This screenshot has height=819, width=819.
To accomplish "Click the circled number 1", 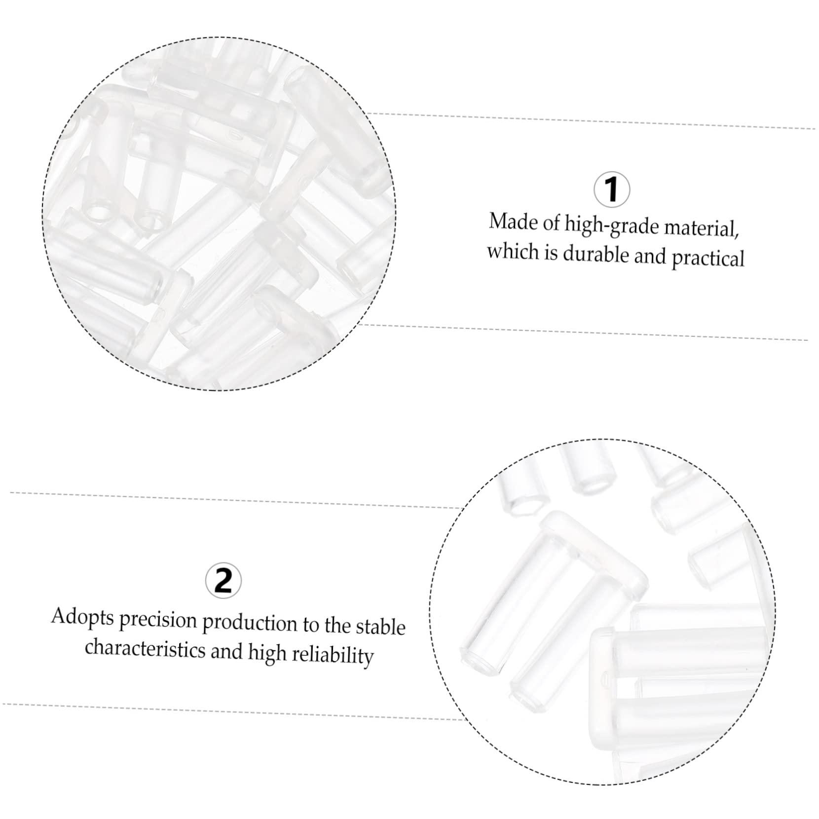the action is coord(612,189).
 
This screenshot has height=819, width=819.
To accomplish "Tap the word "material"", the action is coord(702,229).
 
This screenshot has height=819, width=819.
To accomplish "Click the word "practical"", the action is coord(708,258).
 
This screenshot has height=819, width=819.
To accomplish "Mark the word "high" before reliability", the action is coord(267,652).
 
